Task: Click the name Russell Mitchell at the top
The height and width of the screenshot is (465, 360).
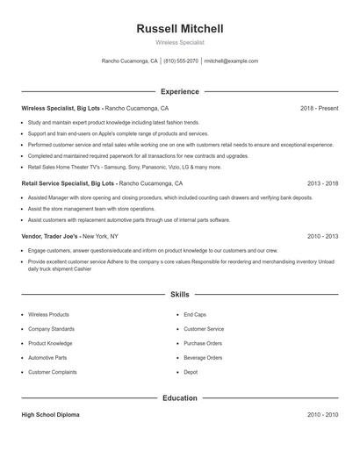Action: [x=180, y=29]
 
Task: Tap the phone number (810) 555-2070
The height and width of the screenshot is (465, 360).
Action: [x=181, y=61]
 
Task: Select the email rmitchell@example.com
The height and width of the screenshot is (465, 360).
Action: [x=231, y=61]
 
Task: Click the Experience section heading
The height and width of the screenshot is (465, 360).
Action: [x=180, y=91]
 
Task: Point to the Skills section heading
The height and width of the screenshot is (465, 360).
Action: [x=180, y=295]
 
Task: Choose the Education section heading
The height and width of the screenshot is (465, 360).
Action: [x=180, y=397]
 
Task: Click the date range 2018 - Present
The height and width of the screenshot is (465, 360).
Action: [x=319, y=108]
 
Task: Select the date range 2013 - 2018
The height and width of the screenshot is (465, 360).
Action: [x=322, y=184]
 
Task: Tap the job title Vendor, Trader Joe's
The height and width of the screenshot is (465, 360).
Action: [x=53, y=236]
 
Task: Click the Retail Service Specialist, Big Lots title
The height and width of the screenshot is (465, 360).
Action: [x=68, y=184]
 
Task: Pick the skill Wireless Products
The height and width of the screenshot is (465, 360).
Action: [x=48, y=314]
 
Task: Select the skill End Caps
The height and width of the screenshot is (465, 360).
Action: [x=195, y=314]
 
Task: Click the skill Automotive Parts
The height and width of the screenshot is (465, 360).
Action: [x=47, y=358]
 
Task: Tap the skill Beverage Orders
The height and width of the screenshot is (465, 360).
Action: [x=203, y=358]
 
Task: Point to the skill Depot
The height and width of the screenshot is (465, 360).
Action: [x=191, y=372]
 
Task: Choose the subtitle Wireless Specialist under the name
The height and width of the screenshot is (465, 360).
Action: [x=180, y=42]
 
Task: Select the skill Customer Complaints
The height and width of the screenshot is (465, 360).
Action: [x=53, y=372]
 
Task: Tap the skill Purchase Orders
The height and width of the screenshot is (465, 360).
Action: [x=203, y=343]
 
